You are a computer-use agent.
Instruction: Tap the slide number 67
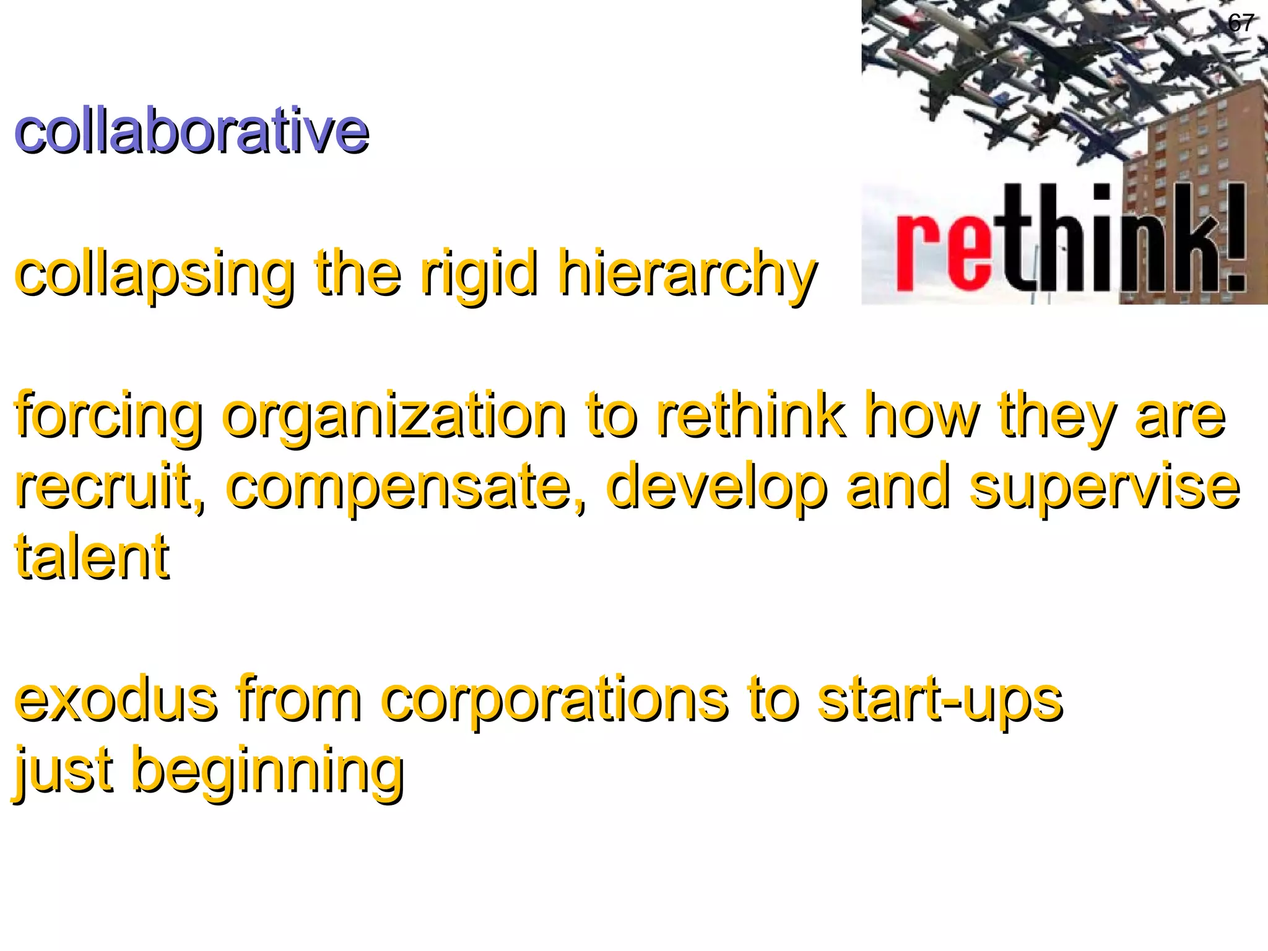[1241, 24]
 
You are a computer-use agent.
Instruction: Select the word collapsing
[154, 274]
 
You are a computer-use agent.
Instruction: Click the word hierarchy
[687, 274]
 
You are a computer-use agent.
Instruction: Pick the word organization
[394, 416]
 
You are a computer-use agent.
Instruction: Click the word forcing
[108, 416]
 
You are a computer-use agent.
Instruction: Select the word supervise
[1105, 487]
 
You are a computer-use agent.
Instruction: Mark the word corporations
[554, 700]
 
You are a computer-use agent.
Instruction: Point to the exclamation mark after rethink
[1236, 238]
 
